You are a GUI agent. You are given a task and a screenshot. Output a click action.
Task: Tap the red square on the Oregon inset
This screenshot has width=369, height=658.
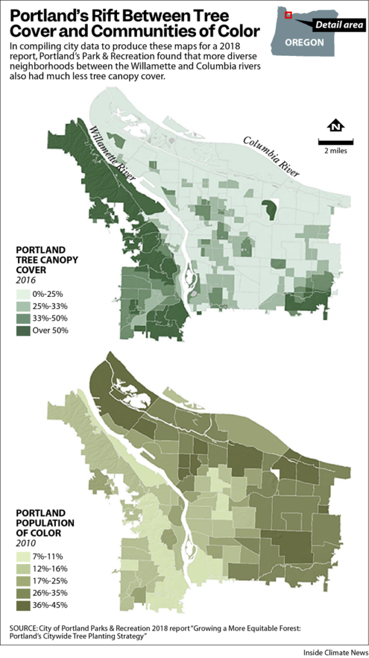pyautogui.click(x=289, y=15)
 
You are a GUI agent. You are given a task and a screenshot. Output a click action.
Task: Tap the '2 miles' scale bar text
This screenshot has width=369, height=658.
pyautogui.click(x=334, y=150)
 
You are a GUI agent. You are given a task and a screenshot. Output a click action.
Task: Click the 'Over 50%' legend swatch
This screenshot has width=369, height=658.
pyautogui.click(x=25, y=330)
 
